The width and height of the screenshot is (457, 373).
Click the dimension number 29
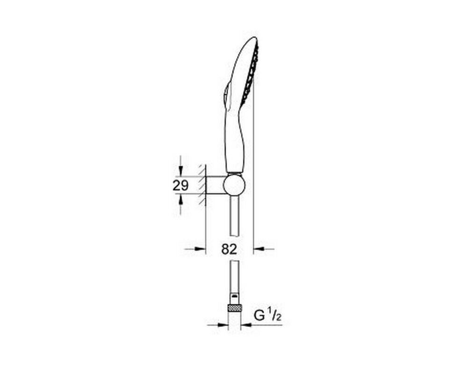pos(181,185)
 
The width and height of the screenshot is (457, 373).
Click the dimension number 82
pos(229,249)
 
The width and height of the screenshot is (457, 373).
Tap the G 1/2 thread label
pos(268,316)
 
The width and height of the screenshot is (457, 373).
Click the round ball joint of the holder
pos(234,185)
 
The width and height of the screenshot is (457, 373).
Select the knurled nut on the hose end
pos(234,308)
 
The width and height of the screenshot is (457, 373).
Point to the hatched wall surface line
pos(205,185)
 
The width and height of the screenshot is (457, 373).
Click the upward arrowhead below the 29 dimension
pos(181,199)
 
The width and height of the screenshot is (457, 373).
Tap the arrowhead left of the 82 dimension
pos(200,249)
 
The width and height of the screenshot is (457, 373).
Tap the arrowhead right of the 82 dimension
pos(259,249)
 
